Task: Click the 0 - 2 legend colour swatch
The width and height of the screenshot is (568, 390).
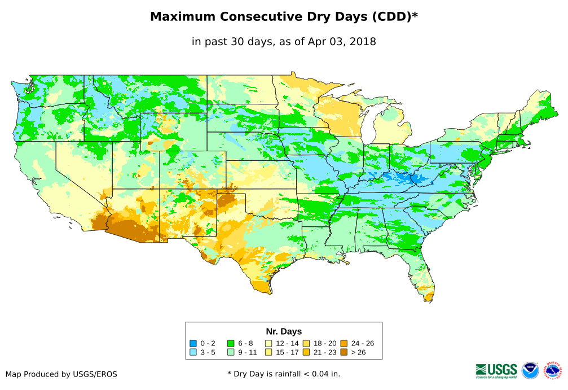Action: tap(193, 343)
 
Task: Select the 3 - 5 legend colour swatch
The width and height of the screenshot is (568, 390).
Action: tap(193, 352)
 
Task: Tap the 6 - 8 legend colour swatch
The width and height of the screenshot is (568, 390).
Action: tap(231, 343)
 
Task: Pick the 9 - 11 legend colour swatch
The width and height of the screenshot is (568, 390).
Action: tap(231, 352)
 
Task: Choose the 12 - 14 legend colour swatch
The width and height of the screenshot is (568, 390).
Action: tap(268, 343)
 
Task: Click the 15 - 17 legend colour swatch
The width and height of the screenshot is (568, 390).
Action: tap(268, 352)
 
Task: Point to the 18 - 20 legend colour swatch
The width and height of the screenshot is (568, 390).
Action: tap(306, 343)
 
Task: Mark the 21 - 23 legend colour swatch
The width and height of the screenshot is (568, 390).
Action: tap(306, 352)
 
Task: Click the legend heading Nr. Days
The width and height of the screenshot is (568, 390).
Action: tap(284, 331)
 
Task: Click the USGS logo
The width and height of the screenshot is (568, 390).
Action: tap(496, 370)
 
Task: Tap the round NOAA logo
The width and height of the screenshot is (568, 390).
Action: tap(530, 370)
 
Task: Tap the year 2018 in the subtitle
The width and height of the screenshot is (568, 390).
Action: tap(363, 42)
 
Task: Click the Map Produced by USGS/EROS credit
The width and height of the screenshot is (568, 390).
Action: tap(61, 374)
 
